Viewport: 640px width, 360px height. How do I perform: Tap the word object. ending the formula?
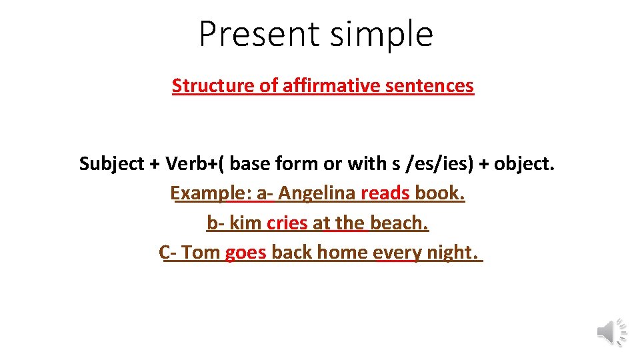[523, 163]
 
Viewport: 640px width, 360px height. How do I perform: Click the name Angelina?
[317, 193]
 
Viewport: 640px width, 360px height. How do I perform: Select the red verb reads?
[385, 193]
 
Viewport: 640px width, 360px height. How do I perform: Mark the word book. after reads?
[439, 193]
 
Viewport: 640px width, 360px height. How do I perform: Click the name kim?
[245, 223]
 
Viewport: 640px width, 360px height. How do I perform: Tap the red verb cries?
[287, 223]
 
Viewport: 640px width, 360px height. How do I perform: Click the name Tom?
[200, 253]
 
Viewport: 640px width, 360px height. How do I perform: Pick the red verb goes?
[245, 253]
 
